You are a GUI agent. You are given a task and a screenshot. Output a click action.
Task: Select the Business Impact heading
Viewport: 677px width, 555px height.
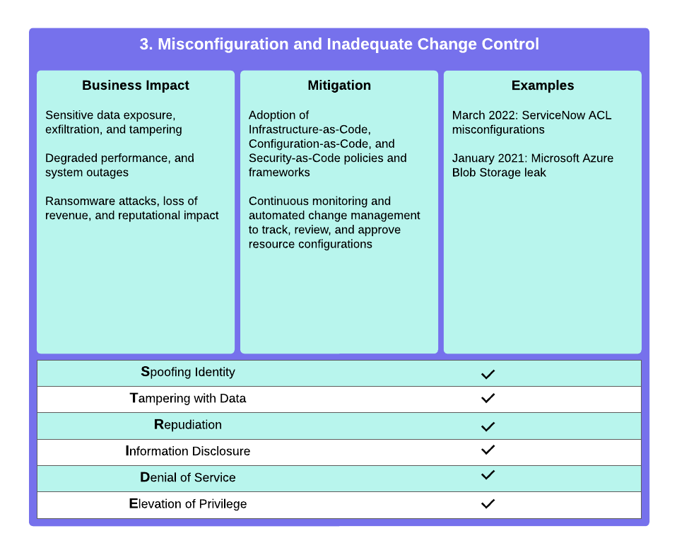(136, 85)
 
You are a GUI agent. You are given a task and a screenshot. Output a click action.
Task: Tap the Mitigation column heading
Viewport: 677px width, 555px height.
(339, 85)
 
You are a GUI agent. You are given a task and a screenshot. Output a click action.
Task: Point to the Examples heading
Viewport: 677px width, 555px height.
(543, 85)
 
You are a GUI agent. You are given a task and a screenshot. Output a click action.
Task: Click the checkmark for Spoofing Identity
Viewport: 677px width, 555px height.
(488, 374)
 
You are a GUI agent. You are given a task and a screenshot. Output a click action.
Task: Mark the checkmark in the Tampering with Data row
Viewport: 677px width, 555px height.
(488, 398)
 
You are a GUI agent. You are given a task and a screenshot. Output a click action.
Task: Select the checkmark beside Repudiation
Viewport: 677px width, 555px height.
(488, 426)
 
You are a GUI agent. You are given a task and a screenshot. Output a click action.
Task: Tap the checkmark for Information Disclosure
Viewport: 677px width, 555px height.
(488, 450)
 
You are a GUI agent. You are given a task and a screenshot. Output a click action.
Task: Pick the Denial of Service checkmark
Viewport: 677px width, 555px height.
(488, 475)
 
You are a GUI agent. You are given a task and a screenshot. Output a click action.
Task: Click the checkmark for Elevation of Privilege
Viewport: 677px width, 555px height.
(488, 503)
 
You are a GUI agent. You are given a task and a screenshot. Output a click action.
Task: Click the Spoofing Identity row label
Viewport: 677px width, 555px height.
(188, 373)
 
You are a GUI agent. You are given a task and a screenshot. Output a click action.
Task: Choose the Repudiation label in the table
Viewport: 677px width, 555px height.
(188, 425)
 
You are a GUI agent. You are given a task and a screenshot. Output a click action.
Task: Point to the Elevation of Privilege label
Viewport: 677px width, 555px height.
(188, 503)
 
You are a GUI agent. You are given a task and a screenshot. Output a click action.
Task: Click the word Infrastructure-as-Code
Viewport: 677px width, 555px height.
(310, 129)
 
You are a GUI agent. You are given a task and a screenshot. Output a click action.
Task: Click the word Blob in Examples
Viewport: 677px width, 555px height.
(462, 173)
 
